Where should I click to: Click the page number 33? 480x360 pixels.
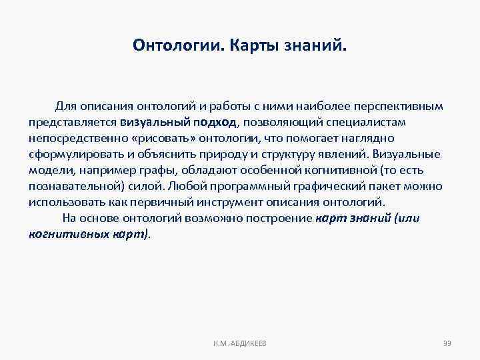[x=447, y=343]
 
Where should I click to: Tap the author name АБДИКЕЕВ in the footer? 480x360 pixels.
[x=247, y=343]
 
